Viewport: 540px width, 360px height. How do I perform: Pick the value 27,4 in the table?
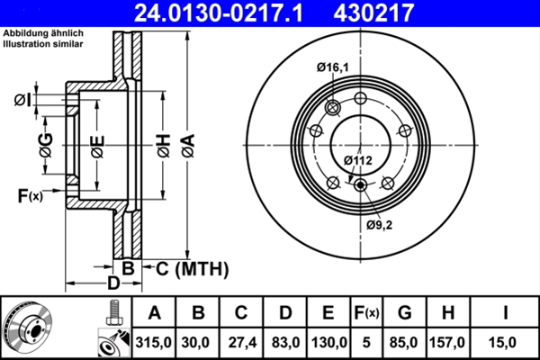pos(241,342)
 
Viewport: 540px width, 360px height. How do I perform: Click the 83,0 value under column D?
pos(285,342)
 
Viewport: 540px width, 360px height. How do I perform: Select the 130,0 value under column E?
pos(329,342)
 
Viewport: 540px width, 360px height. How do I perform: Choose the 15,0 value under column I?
pos(508,342)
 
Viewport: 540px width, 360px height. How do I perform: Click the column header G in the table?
pos(405,313)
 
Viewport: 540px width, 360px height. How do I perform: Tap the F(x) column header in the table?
pos(367,313)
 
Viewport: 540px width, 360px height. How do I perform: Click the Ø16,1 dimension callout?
pos(332,67)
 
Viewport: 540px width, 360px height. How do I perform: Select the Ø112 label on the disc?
pos(358,161)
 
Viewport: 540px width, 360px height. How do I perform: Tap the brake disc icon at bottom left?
pos(27,328)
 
